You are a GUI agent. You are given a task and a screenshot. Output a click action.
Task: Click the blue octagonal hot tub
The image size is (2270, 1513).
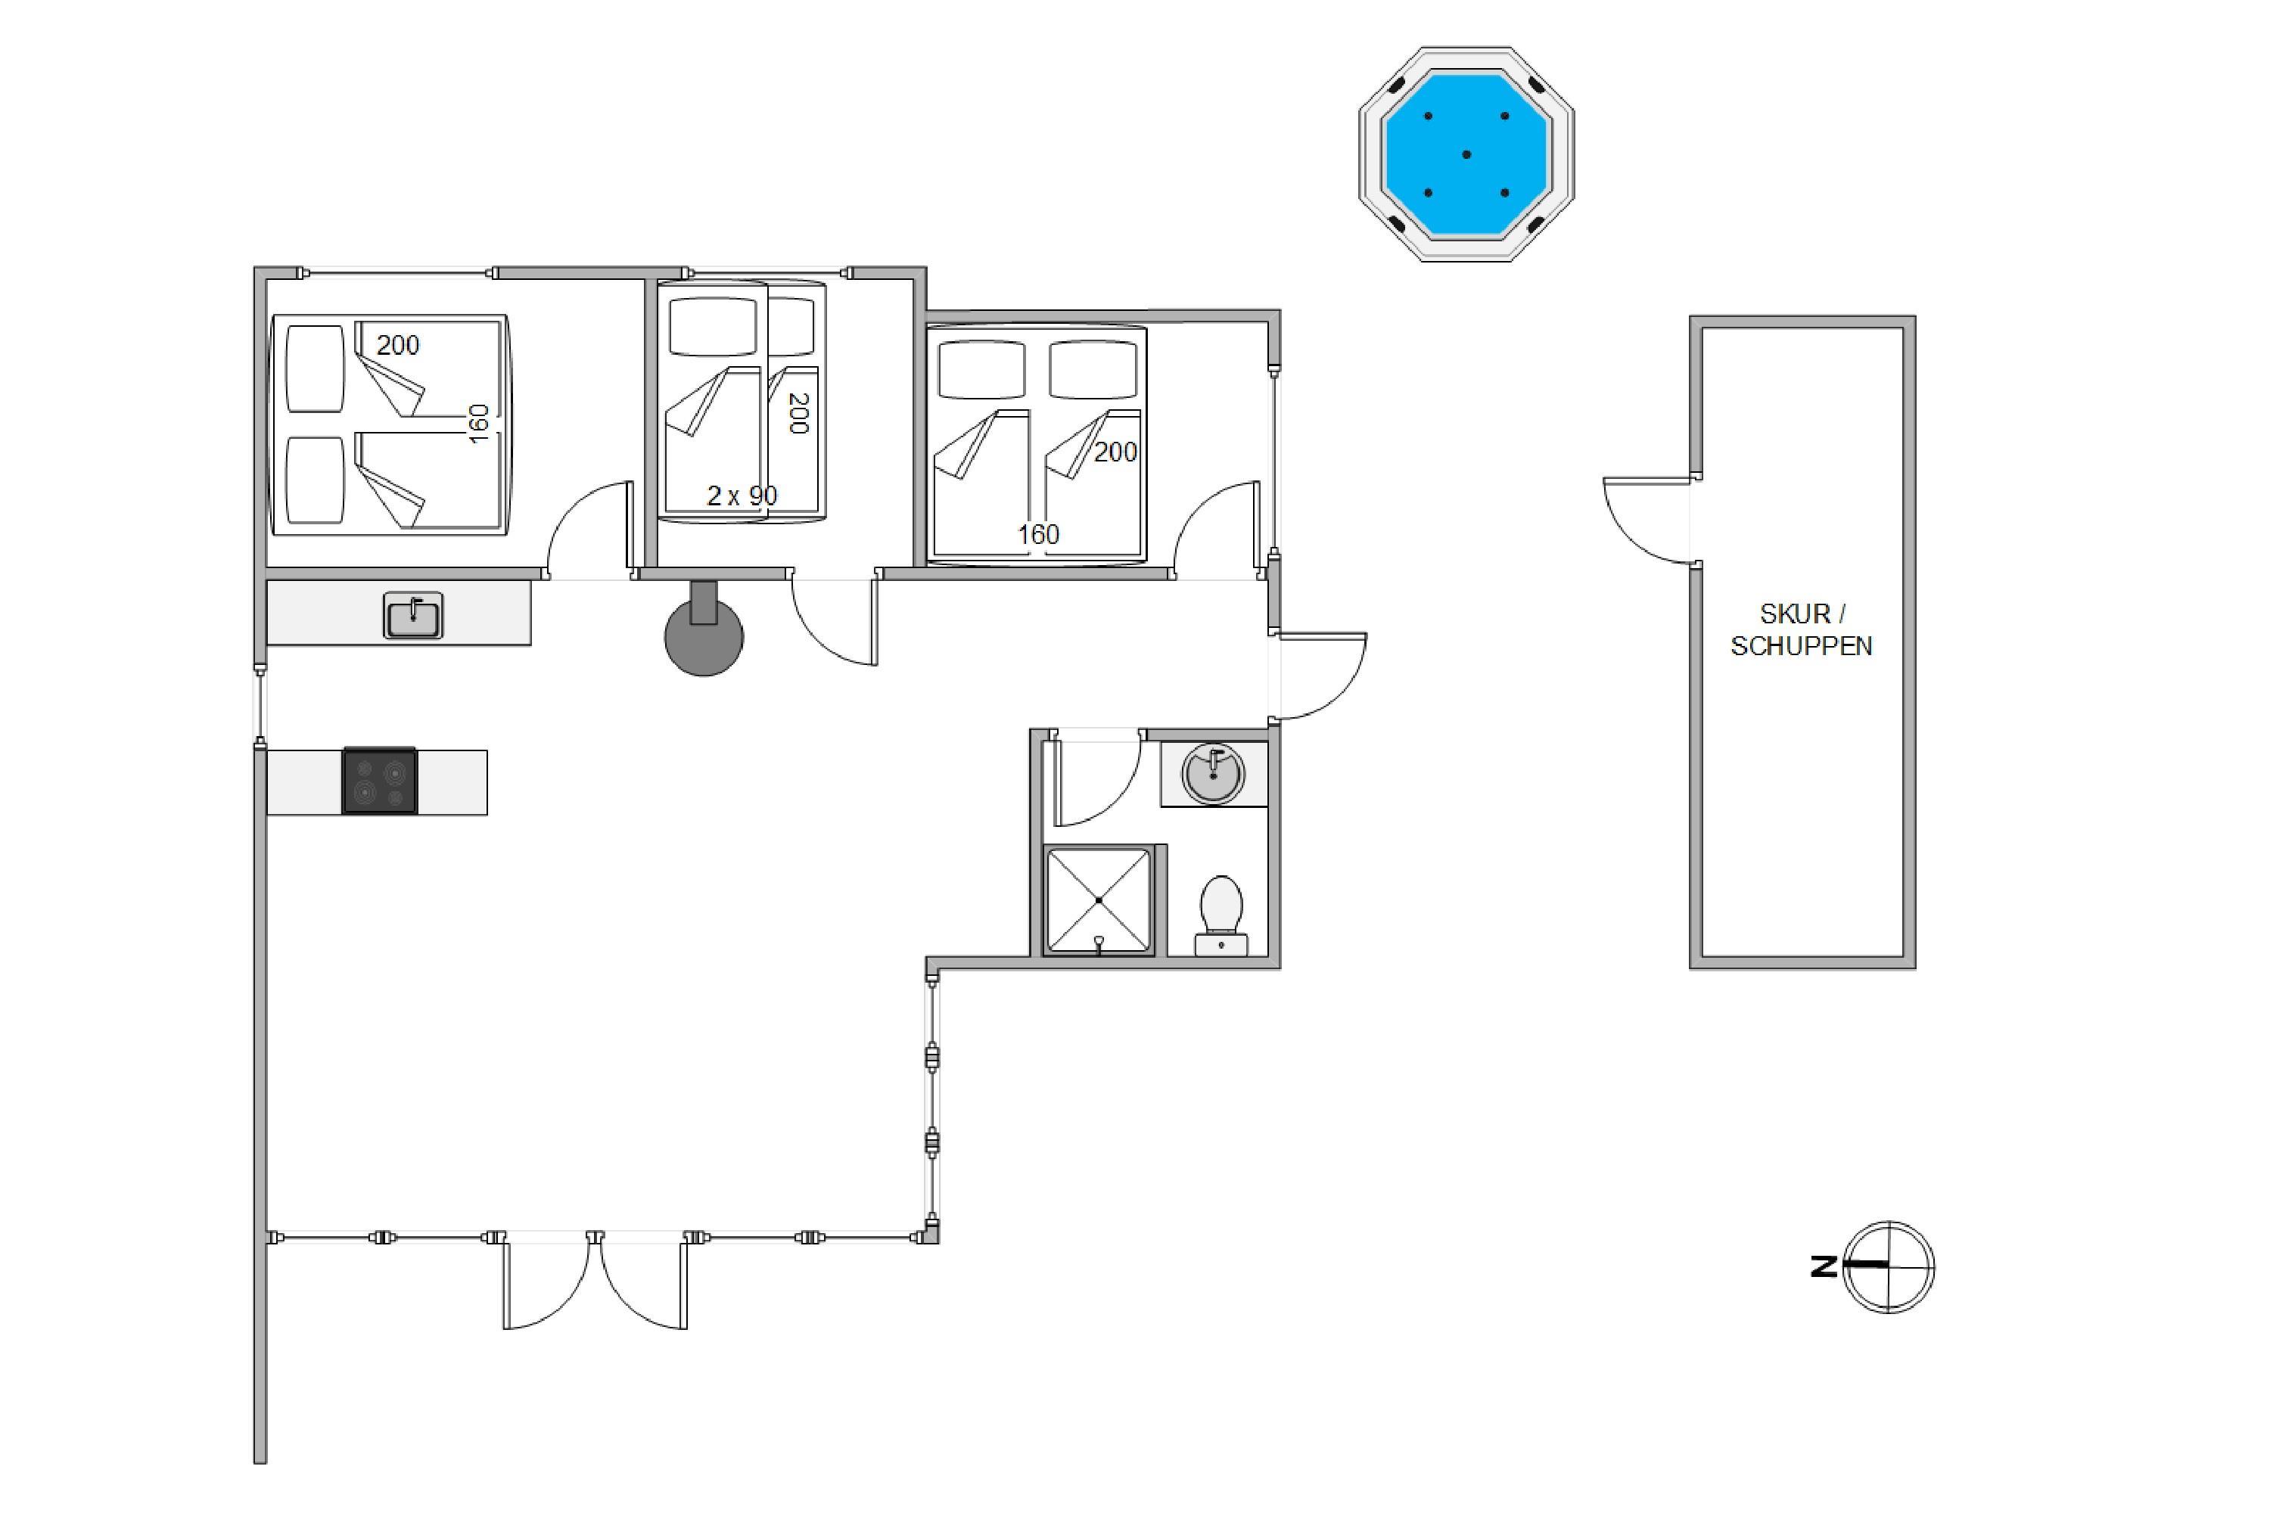point(1466,154)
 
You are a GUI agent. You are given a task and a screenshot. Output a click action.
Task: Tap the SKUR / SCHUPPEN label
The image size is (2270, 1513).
point(1801,629)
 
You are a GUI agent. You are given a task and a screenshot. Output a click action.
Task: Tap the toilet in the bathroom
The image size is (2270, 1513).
point(1221,915)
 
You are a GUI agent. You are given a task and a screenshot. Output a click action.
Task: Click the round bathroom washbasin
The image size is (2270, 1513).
point(1213,773)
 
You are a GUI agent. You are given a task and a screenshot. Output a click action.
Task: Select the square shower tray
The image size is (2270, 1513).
point(1099,900)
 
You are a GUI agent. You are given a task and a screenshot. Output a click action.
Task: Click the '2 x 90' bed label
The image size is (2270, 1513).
point(742,496)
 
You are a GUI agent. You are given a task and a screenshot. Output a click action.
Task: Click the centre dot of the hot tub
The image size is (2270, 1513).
point(1466,154)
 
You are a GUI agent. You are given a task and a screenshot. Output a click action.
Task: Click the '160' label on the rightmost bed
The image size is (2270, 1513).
point(1038,535)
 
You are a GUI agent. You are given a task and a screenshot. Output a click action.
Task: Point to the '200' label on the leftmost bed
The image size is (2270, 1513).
point(398,346)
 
